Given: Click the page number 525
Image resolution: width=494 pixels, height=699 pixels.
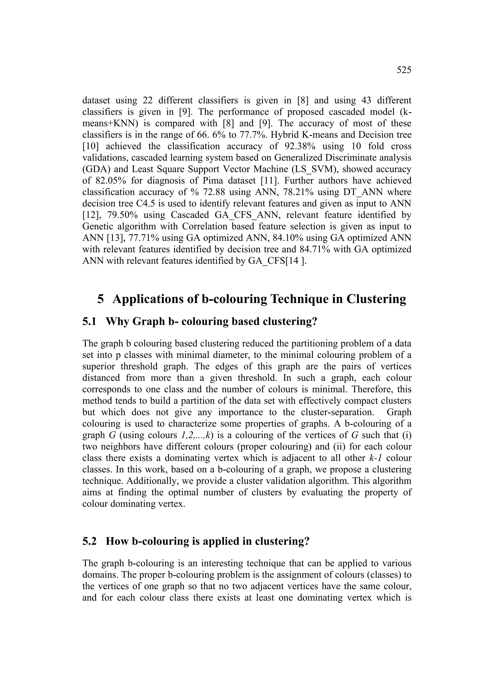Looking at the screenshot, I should tap(404, 70).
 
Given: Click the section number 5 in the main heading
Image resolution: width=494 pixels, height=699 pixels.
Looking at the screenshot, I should tap(100, 299).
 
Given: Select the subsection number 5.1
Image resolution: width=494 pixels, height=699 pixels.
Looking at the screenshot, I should tap(89, 322).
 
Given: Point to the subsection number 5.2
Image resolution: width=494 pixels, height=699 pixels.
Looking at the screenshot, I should tap(89, 541).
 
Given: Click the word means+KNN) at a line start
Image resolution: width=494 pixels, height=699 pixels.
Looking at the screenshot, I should tap(108, 124).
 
